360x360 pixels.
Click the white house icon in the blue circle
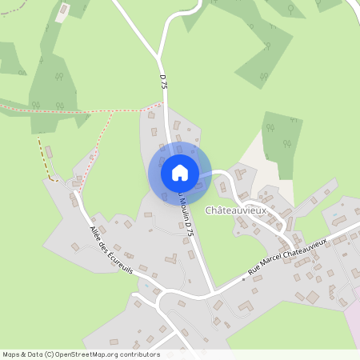click(x=179, y=173)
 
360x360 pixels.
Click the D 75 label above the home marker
click(x=163, y=81)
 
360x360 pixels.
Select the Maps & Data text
click(x=22, y=354)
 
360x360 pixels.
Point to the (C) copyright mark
click(x=50, y=354)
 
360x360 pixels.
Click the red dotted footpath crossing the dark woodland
click(x=48, y=109)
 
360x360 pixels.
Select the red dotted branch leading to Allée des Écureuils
click(x=92, y=152)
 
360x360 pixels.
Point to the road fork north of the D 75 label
click(x=158, y=50)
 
